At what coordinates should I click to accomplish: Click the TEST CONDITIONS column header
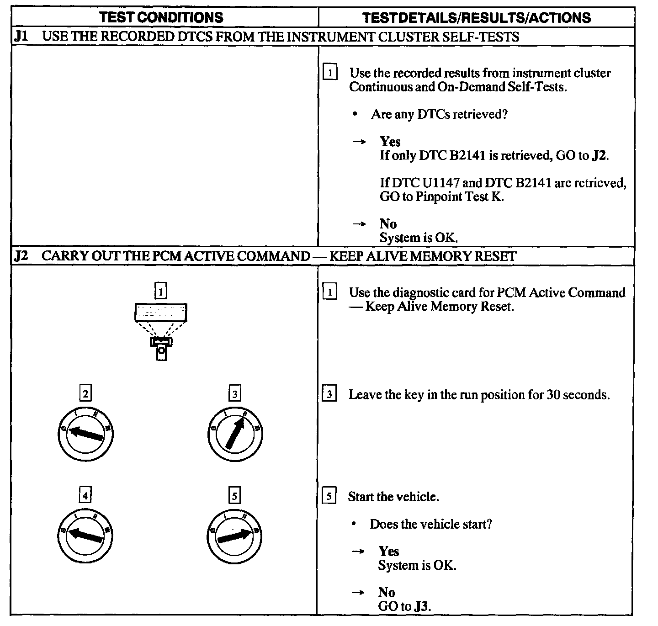point(161,17)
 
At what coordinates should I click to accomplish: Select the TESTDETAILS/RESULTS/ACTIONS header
point(476,17)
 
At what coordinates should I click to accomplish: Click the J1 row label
point(21,37)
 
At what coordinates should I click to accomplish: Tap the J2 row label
point(21,256)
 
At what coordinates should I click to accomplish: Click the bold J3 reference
point(422,606)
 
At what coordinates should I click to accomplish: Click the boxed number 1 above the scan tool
point(160,291)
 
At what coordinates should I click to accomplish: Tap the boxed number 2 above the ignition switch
point(85,393)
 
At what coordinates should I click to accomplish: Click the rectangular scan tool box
point(160,313)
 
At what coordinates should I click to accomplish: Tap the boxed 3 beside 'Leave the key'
point(329,394)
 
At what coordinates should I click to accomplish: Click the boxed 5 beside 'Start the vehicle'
point(329,496)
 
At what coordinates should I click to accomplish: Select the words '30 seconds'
point(578,394)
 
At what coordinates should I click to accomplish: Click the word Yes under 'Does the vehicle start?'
point(388,552)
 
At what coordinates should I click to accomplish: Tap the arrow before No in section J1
point(359,224)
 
